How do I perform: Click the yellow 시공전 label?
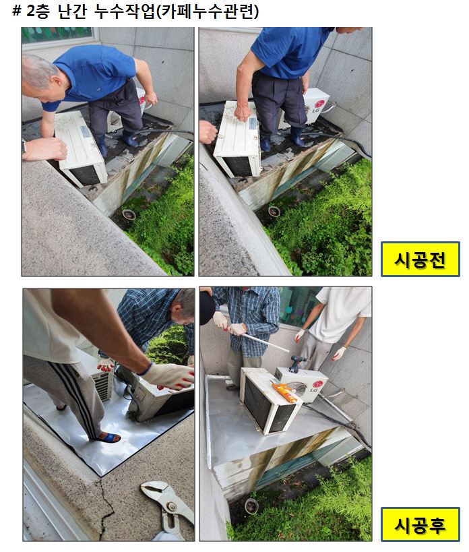coord(420,259)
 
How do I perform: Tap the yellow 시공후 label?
coord(420,524)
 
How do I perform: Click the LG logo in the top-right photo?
coord(320,104)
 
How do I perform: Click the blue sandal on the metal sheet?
coord(107,437)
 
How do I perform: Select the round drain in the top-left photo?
coord(128,215)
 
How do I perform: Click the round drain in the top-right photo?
coord(274,211)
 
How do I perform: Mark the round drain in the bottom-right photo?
coord(251,505)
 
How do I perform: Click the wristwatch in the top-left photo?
coord(25,146)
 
